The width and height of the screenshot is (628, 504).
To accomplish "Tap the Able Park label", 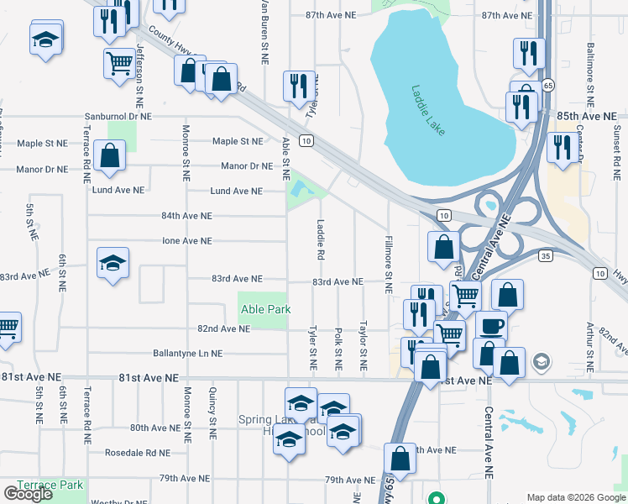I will tap(265, 310).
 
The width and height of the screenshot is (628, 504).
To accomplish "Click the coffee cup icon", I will tap(491, 324).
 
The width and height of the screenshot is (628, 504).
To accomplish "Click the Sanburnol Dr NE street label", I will tap(118, 117).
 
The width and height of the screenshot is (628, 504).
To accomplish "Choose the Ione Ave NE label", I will tap(186, 241).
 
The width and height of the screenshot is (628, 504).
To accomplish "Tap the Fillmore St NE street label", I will tap(388, 264).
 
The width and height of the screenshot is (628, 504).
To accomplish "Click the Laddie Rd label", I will tap(321, 239).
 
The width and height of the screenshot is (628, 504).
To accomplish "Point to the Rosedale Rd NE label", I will tap(138, 452).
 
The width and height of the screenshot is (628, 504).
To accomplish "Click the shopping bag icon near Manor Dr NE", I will tap(110, 155).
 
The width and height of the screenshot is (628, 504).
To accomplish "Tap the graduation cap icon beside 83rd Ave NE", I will tap(113, 263).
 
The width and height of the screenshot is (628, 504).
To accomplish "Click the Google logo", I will tap(28, 494).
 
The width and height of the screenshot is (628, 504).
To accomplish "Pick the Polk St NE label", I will tap(338, 348).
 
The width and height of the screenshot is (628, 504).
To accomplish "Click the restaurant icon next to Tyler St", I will tap(299, 87).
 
